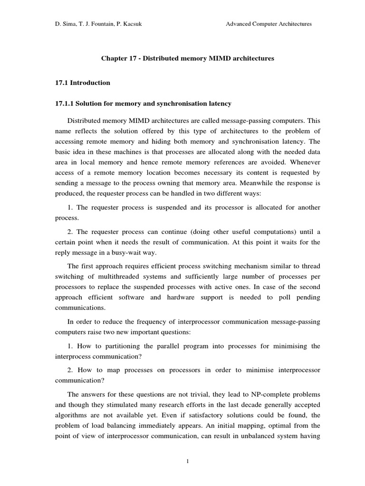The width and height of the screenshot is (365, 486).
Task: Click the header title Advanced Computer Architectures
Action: point(269,24)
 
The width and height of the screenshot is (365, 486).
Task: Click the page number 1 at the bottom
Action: point(182,460)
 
